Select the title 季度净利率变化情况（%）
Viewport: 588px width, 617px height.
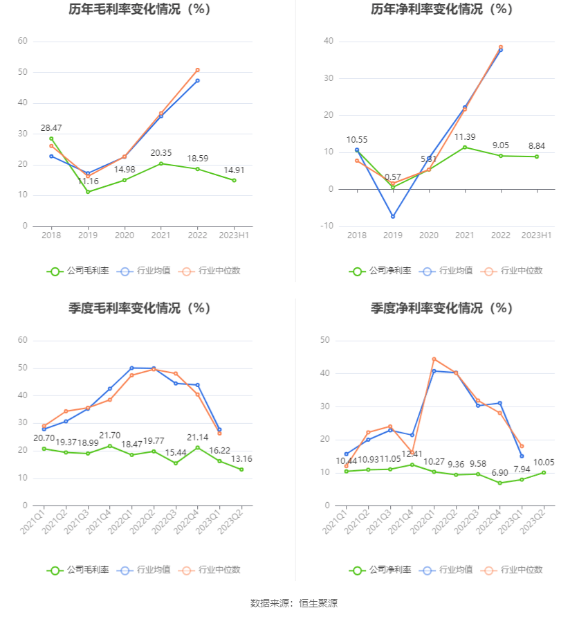[x=441, y=309]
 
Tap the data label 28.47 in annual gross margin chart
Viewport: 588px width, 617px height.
[x=51, y=128]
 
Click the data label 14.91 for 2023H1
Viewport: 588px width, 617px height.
[x=234, y=170]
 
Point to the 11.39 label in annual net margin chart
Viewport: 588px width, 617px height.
[x=465, y=136]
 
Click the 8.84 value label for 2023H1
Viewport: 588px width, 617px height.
[x=536, y=146]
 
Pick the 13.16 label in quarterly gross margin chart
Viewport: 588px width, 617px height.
[x=241, y=458]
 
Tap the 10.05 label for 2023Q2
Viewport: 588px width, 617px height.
[x=543, y=462]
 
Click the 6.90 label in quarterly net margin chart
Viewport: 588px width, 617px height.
[x=499, y=472]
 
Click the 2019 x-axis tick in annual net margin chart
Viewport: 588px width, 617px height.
[x=393, y=235]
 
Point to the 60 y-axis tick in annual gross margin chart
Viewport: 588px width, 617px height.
[x=23, y=42]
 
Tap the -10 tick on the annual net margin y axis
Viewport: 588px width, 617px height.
[x=327, y=226]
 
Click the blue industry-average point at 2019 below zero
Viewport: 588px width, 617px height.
[x=393, y=217]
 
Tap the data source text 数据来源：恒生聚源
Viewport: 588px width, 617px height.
[x=293, y=603]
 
